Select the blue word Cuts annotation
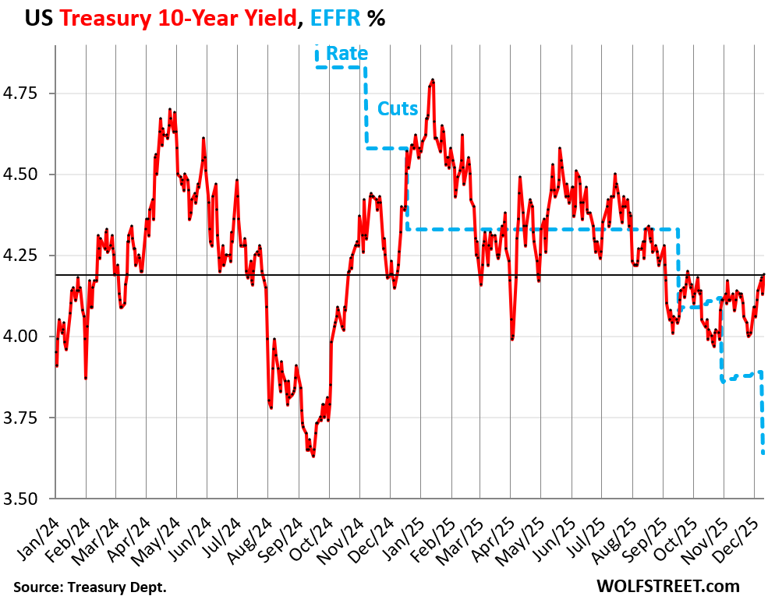pyautogui.click(x=398, y=109)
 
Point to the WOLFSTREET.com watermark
pyautogui.click(x=667, y=586)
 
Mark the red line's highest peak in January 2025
pyautogui.click(x=432, y=79)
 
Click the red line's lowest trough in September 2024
pyautogui.click(x=313, y=456)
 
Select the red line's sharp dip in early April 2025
pyautogui.click(x=512, y=339)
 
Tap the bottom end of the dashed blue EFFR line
pyautogui.click(x=763, y=453)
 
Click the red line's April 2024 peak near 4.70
pyautogui.click(x=170, y=110)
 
